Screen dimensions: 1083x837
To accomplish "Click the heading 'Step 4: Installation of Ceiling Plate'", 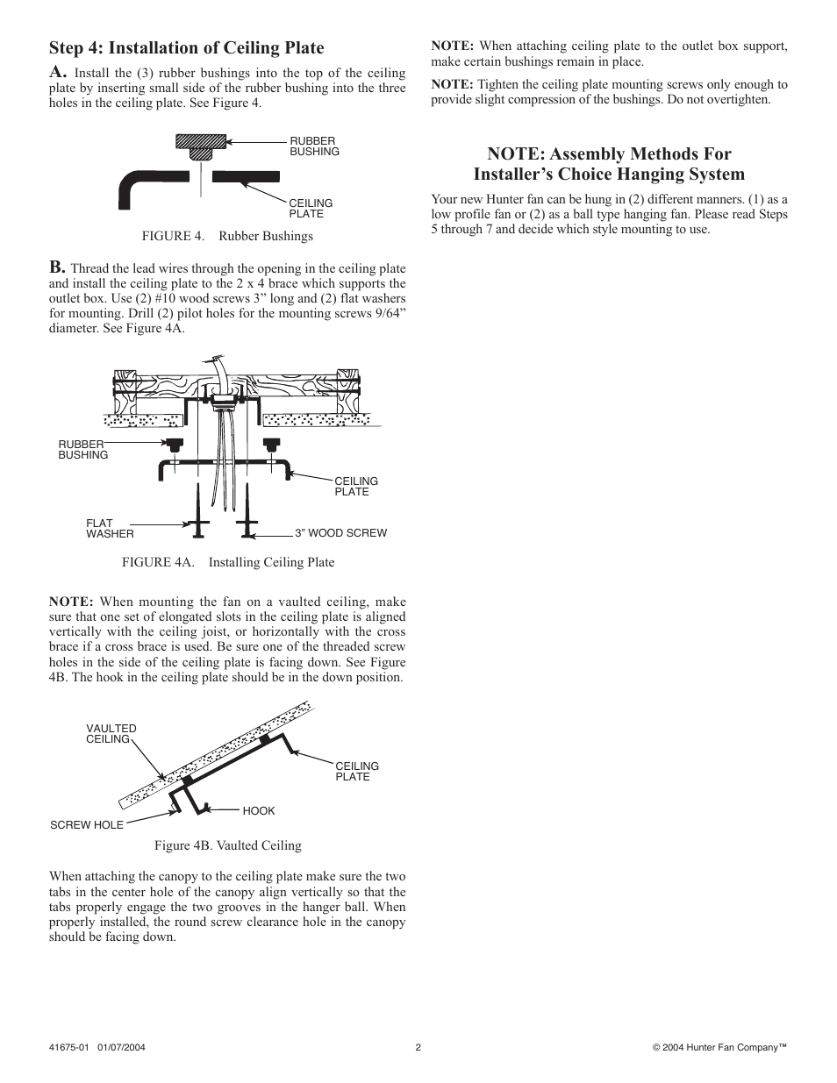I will coord(186,48).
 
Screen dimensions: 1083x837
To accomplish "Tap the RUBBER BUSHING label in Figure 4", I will coord(314,146).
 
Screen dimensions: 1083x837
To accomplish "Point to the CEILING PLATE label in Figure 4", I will coord(311,209).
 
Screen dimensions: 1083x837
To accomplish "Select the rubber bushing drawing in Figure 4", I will coord(201,145).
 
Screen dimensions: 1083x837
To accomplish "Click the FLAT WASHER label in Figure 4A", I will coord(110,529).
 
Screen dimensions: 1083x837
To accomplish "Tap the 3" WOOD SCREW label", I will coord(340,533).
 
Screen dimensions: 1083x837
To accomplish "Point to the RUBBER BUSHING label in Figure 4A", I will coord(82,450).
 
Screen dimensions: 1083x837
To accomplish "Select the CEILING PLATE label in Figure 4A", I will coord(356,487).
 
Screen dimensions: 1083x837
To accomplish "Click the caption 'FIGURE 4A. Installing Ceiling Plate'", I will coord(228,562).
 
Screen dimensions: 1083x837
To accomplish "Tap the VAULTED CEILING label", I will coord(111,734).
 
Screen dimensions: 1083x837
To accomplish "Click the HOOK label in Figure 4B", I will coord(259,811).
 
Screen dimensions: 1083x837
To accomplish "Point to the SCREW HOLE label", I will coord(87,825).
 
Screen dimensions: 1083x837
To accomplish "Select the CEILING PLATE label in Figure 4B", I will coord(357,772).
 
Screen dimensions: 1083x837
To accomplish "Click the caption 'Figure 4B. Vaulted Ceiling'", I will coord(228,846).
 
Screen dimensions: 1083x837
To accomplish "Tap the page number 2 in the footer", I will coord(418,1047).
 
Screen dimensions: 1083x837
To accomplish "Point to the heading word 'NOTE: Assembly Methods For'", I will coord(609,154).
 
